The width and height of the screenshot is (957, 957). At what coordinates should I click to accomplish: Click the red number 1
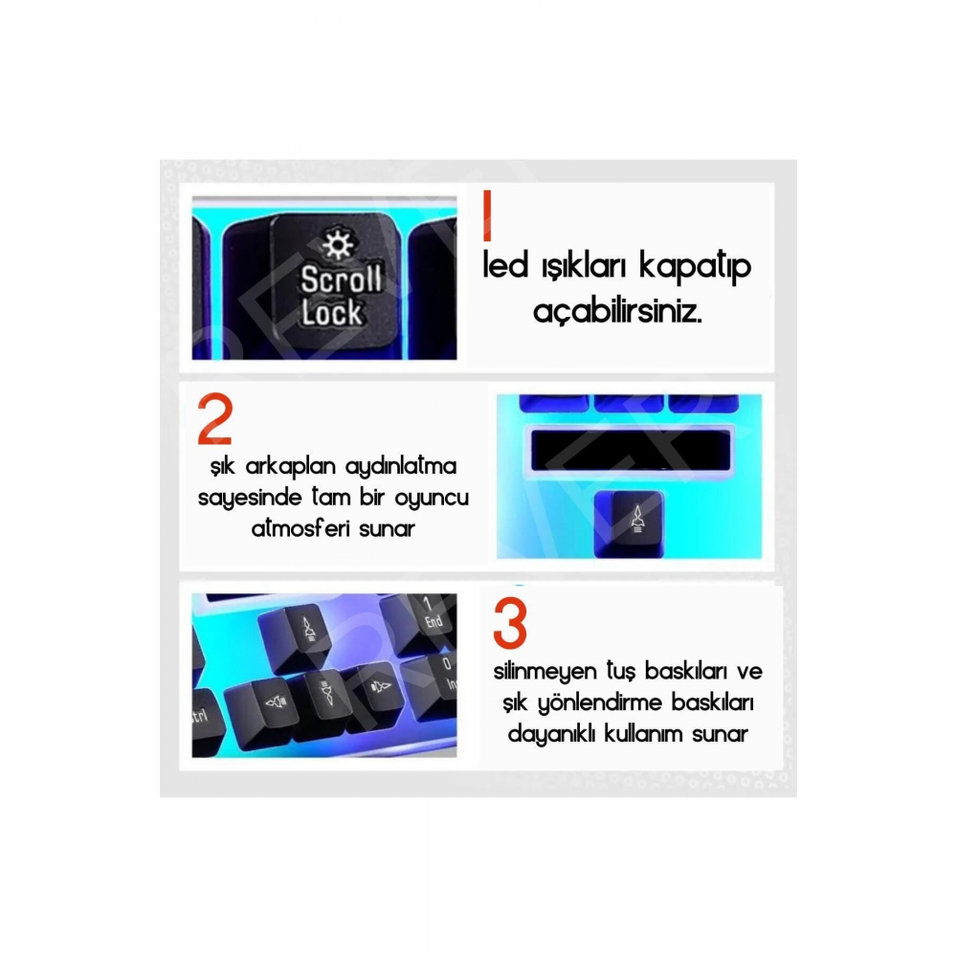point(487,216)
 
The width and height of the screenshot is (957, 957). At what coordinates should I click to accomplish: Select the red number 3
point(510,624)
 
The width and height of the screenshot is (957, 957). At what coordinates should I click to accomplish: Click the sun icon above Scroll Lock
point(337,247)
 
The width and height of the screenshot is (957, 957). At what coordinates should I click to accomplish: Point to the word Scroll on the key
point(341,279)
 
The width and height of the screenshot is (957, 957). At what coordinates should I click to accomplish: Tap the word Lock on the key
point(331,312)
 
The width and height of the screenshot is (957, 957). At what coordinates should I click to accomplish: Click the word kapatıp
point(698,267)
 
